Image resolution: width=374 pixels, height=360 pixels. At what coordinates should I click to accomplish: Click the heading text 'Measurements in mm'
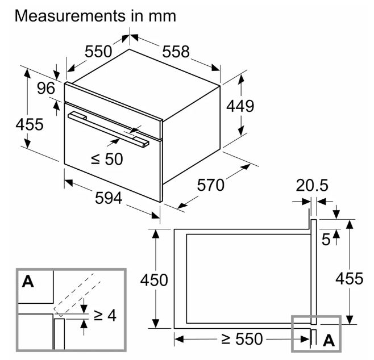(x=95, y=15)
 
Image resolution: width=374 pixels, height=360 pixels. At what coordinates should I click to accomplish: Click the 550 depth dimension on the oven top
(x=99, y=52)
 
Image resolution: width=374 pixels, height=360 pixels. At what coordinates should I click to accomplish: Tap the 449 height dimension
(x=240, y=106)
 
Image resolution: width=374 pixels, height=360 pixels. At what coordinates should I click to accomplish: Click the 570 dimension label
(x=211, y=185)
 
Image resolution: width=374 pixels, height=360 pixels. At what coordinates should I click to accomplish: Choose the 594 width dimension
(x=107, y=198)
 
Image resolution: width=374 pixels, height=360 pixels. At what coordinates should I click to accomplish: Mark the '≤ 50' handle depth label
(x=106, y=159)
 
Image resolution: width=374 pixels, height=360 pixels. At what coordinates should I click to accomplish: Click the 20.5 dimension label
(x=313, y=186)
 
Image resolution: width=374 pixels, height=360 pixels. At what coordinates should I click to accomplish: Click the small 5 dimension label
(x=326, y=240)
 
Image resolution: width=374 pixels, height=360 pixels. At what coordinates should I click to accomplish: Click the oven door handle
(x=108, y=128)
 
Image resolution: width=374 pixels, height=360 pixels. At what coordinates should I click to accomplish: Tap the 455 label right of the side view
(x=349, y=278)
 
